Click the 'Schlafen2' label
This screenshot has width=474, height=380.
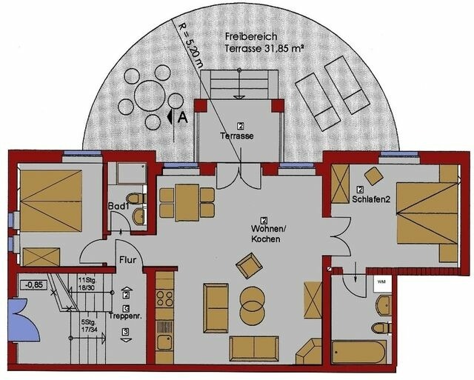coord(372,199)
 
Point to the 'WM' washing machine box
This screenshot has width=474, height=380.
coord(381,282)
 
